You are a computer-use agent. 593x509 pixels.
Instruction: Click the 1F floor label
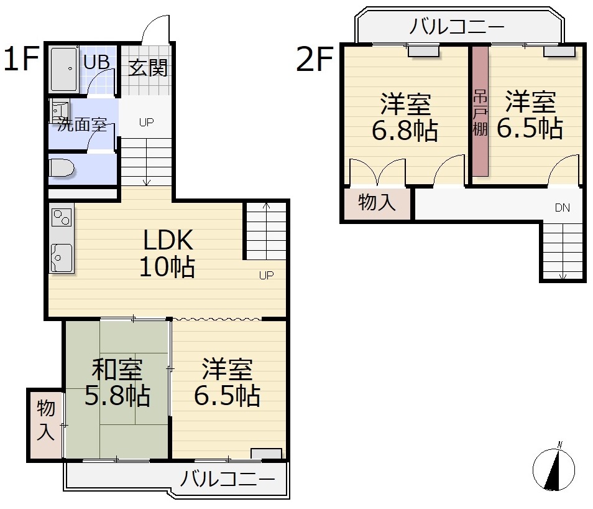(x=22, y=58)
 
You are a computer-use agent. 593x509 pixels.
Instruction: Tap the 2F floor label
(x=315, y=58)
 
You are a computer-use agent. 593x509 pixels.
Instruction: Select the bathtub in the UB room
(x=63, y=69)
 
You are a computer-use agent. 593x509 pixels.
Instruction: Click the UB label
(x=96, y=62)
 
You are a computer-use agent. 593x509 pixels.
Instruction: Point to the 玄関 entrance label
(x=148, y=68)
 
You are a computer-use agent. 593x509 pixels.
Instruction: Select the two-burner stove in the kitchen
(x=62, y=217)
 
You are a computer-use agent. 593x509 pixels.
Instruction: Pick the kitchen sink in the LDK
(x=62, y=258)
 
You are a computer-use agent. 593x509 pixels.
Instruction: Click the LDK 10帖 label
(x=168, y=253)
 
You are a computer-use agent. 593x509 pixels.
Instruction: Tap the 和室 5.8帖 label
(x=117, y=382)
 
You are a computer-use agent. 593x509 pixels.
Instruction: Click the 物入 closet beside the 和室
(x=45, y=425)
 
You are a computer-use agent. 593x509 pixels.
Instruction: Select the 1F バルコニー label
(x=228, y=479)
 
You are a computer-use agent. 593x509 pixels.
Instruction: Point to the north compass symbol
(x=554, y=469)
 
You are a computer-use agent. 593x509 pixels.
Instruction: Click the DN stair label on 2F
(x=563, y=208)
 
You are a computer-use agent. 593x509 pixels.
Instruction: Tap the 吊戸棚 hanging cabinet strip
(x=480, y=111)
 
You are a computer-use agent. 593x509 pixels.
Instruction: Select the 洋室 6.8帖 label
(x=405, y=118)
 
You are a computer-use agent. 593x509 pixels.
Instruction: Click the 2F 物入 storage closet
(x=377, y=203)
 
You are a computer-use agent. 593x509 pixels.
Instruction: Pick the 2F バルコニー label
(x=457, y=27)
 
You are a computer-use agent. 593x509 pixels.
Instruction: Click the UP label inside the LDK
(x=266, y=275)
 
